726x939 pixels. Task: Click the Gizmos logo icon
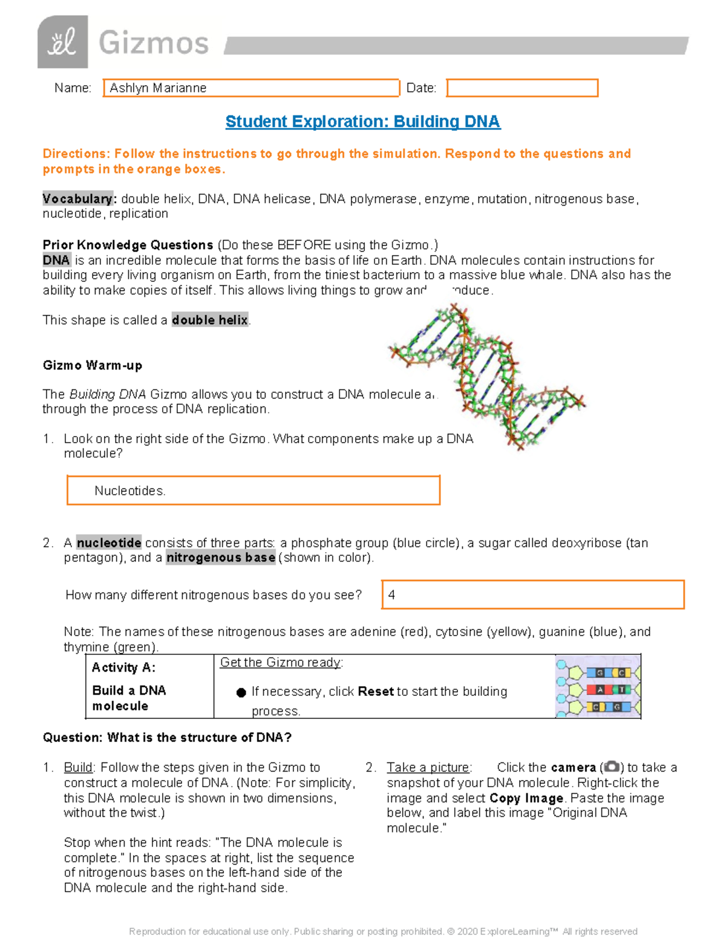coord(62,42)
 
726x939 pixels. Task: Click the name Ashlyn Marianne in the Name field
coord(158,88)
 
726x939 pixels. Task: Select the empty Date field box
coord(522,88)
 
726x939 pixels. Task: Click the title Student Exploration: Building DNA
coord(362,122)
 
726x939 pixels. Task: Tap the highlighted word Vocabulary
coord(77,199)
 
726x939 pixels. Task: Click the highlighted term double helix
coord(210,320)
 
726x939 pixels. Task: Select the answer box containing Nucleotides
coord(253,490)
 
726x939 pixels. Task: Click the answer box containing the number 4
coord(532,594)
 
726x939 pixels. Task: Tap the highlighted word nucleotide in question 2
coord(109,543)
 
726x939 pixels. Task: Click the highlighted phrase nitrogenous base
coord(221,557)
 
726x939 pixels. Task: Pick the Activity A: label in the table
coord(123,668)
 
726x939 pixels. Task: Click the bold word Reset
coord(376,691)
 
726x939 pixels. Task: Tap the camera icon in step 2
coord(612,767)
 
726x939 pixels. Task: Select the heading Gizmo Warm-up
coord(93,365)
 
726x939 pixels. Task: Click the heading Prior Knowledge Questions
coord(128,245)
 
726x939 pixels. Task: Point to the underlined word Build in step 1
coord(78,767)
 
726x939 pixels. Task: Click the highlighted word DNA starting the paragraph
coord(56,260)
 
